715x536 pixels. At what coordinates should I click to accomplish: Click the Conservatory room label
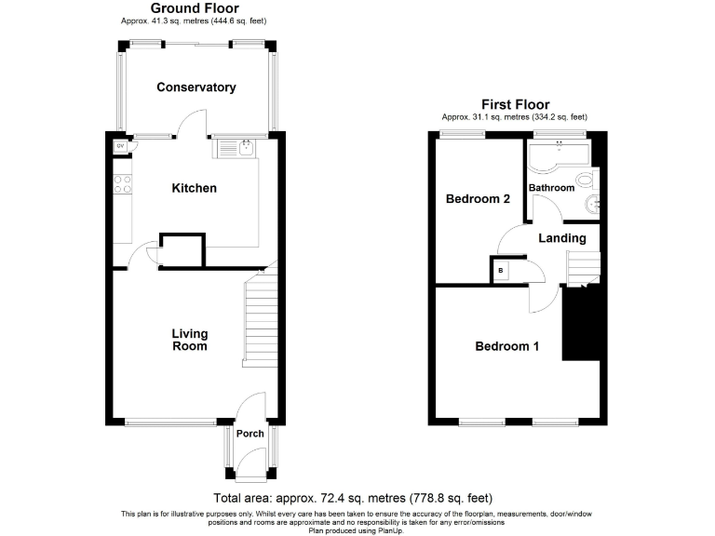(x=196, y=87)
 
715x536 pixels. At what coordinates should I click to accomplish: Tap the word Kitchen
(x=195, y=188)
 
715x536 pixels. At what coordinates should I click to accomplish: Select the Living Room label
(x=189, y=340)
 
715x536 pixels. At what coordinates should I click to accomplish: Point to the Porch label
(x=250, y=434)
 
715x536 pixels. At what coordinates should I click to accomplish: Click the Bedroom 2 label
(x=478, y=199)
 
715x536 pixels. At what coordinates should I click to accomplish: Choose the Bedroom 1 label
(x=507, y=347)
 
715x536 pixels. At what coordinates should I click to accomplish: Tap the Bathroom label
(x=552, y=188)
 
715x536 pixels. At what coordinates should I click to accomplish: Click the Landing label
(x=562, y=238)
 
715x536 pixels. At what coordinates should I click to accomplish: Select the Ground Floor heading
(x=195, y=8)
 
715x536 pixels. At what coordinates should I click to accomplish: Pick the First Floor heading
(x=515, y=104)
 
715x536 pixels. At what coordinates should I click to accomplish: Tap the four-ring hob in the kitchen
(x=121, y=184)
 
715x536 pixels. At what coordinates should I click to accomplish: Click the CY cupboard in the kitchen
(x=120, y=146)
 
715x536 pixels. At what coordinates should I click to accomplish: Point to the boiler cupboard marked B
(x=501, y=270)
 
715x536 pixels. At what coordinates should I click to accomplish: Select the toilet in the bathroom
(x=584, y=180)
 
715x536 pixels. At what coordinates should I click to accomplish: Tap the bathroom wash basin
(x=592, y=205)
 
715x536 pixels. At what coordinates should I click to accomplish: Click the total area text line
(x=353, y=498)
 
